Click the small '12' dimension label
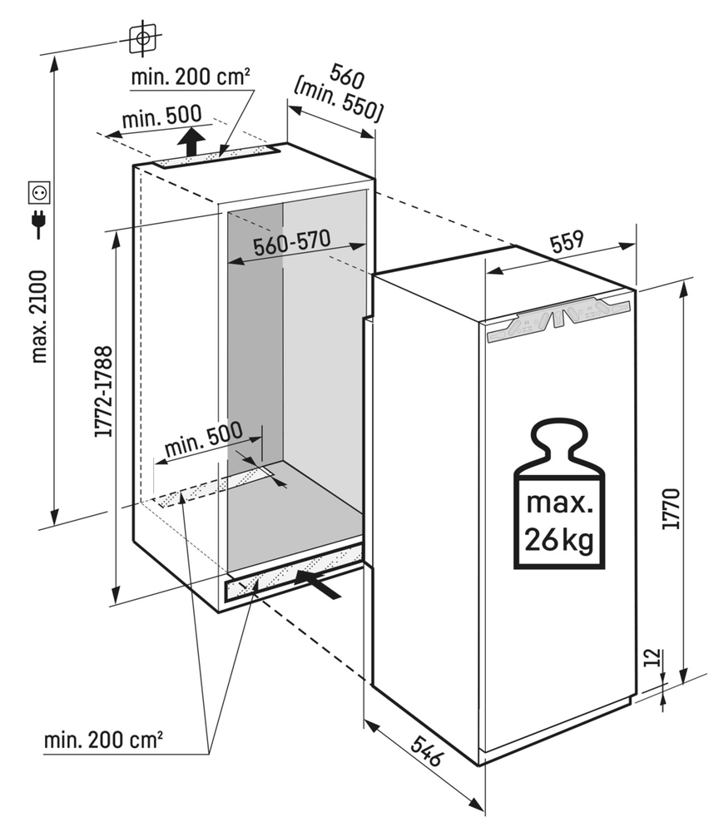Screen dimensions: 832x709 click(x=652, y=660)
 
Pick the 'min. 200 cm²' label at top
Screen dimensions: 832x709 click(x=191, y=78)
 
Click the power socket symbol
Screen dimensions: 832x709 click(x=39, y=193)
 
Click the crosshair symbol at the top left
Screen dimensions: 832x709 click(x=143, y=37)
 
